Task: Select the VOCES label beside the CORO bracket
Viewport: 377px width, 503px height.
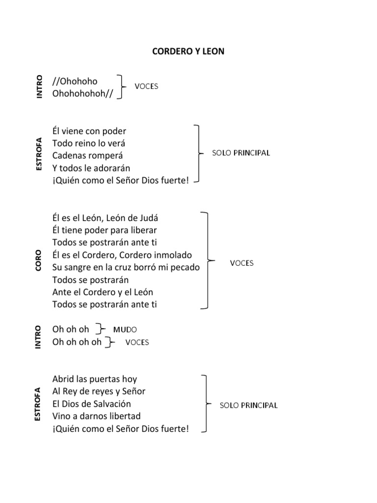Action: (242, 263)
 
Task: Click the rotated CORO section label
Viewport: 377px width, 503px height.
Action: (39, 261)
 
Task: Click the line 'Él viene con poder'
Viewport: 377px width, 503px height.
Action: (89, 131)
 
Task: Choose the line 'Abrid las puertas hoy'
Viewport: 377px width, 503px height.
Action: (94, 379)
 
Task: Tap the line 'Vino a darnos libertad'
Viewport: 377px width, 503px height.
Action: (96, 416)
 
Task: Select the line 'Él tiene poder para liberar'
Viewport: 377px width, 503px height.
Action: (105, 230)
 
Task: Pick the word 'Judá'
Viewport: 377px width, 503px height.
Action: (150, 218)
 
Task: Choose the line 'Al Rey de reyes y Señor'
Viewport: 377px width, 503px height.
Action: (99, 391)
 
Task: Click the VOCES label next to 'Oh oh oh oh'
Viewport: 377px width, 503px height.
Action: (137, 342)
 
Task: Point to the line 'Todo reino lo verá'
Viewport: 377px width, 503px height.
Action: (89, 143)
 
